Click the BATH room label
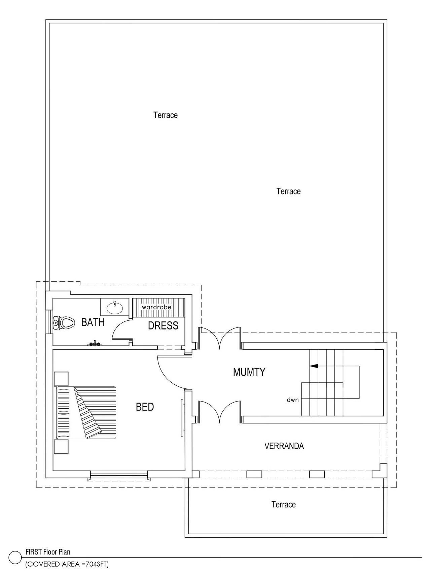click(93, 322)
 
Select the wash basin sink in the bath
click(114, 307)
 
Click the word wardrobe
click(156, 307)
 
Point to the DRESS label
click(163, 326)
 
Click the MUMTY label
click(249, 372)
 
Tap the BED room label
click(145, 407)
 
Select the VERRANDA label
click(284, 446)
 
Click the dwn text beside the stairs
click(293, 400)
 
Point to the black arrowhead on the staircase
click(314, 366)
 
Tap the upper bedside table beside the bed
click(61, 379)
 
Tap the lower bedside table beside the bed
click(61, 447)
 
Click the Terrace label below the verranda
click(284, 504)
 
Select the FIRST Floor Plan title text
click(48, 552)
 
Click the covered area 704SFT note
click(67, 564)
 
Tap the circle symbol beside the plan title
click(15, 558)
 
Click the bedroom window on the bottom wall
click(119, 475)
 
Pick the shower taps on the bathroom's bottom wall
click(95, 344)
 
